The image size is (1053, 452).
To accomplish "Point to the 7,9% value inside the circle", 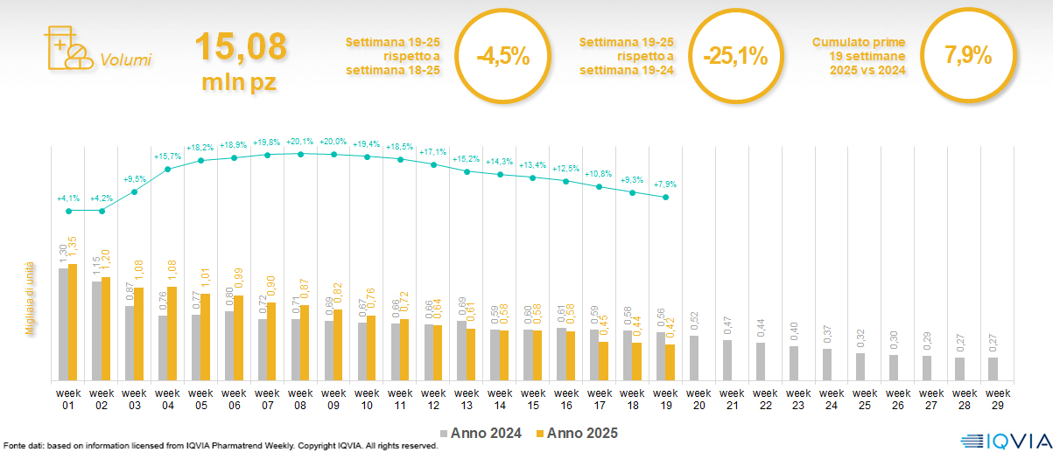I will coord(967,55).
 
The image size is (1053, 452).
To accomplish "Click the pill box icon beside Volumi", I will coord(67,50).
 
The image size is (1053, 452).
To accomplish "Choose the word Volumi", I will coord(125,60).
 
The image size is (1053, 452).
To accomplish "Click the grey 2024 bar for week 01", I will coord(63,323).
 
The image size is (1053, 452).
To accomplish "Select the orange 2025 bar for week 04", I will coord(172,333).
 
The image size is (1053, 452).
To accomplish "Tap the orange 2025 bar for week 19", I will coord(670,362).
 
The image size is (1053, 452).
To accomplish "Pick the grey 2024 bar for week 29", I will coord(993,369).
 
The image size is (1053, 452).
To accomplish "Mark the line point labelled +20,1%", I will coord(301,154).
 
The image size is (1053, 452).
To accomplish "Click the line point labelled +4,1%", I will coord(69,211).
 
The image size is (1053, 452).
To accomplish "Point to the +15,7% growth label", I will coord(167,156).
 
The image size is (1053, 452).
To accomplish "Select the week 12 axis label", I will coord(434,399).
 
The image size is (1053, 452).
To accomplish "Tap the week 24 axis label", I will coord(832,399).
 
